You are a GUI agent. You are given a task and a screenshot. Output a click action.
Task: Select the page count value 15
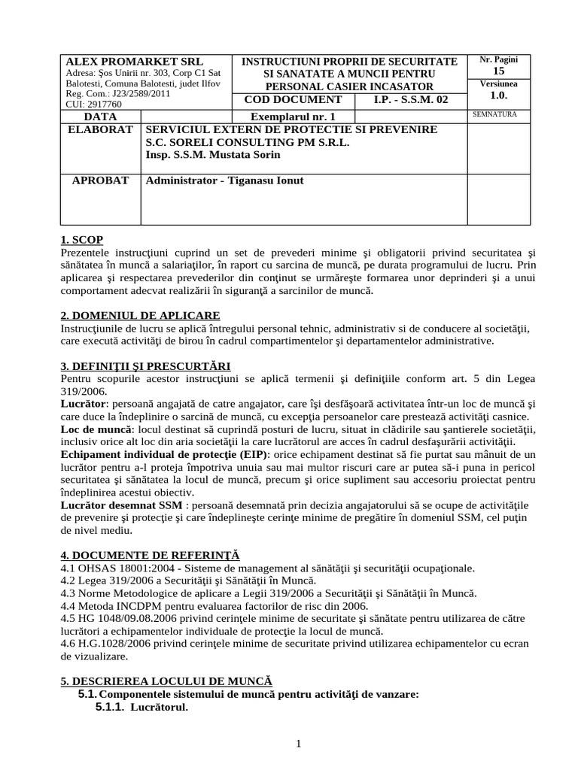[x=499, y=70]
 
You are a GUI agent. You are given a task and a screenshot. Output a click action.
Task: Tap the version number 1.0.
[x=499, y=95]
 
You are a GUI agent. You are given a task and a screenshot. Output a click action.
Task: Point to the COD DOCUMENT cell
[x=293, y=99]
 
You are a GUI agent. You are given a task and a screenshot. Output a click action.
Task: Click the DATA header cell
[x=100, y=117]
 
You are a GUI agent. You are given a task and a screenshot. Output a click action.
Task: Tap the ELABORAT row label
[x=100, y=130]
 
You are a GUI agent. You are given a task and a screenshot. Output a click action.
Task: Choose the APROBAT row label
[x=100, y=181]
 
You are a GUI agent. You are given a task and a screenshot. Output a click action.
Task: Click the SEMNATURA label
[x=493, y=115]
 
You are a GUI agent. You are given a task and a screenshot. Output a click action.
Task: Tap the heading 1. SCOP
[x=81, y=239]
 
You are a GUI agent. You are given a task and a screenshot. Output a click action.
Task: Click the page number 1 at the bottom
[x=299, y=744]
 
